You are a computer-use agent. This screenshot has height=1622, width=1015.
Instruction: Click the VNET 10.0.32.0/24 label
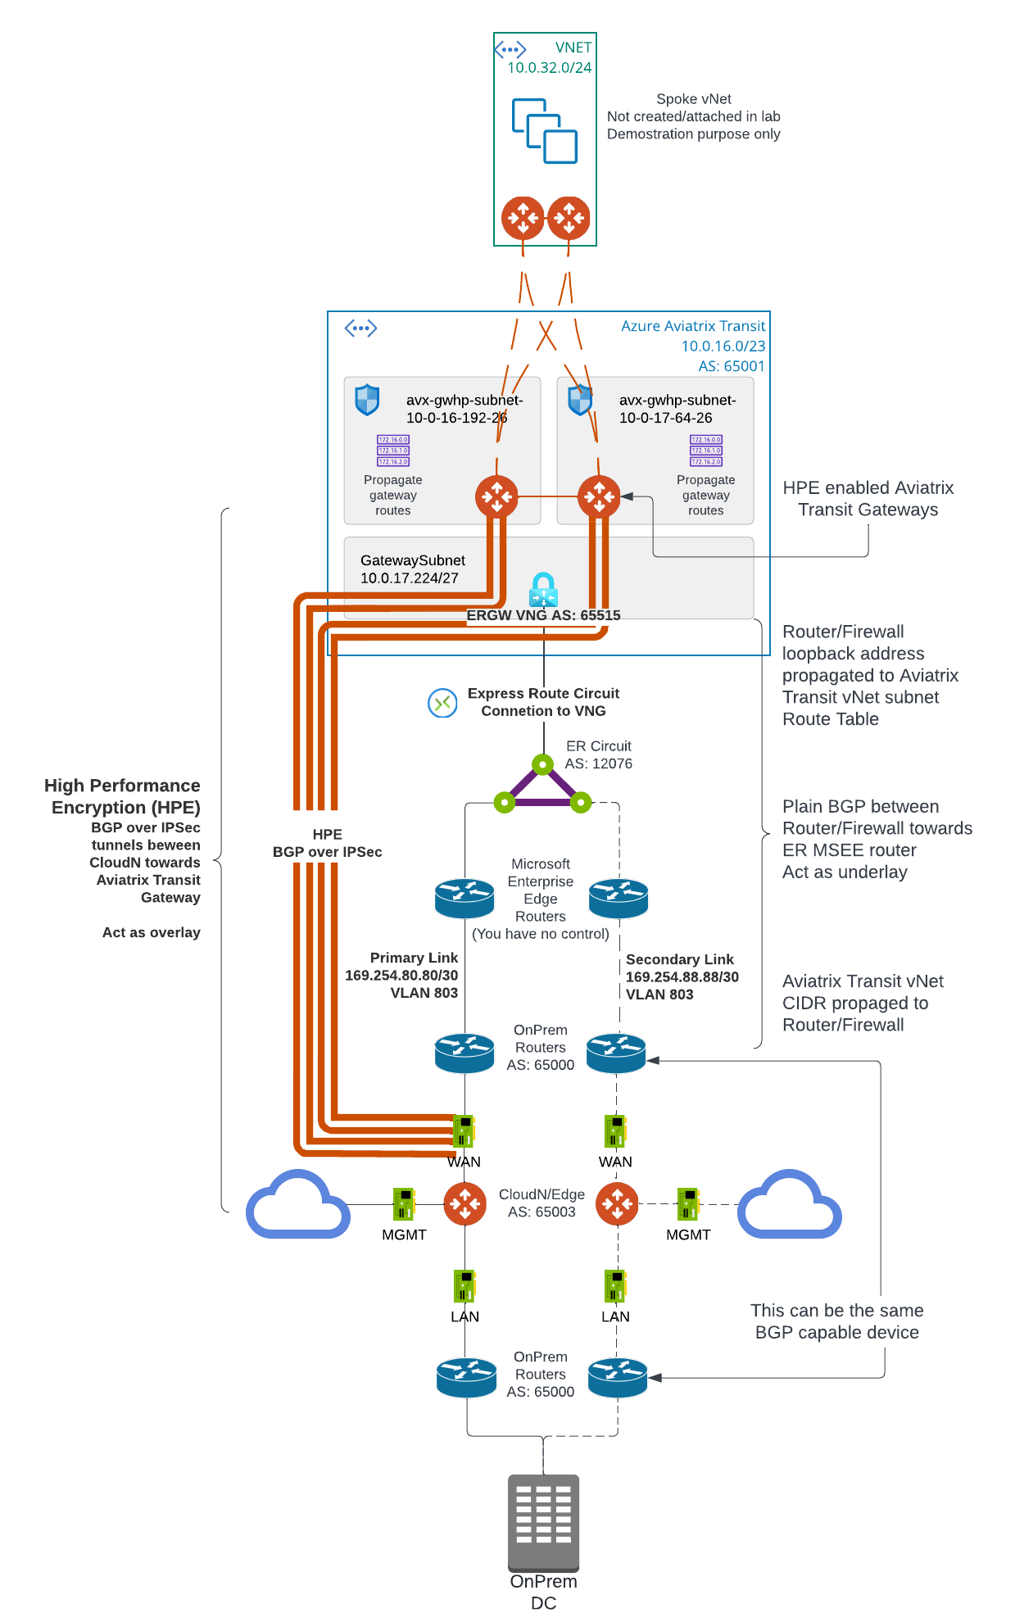(550, 58)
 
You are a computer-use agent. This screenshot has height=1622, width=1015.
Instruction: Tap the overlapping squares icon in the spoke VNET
(545, 131)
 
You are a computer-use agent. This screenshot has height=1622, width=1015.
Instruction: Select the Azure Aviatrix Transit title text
(692, 326)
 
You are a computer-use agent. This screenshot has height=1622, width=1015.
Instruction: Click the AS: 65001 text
(731, 366)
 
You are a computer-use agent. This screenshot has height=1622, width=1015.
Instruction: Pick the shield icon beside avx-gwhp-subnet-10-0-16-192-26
(367, 400)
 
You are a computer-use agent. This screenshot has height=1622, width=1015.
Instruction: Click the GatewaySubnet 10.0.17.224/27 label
(412, 569)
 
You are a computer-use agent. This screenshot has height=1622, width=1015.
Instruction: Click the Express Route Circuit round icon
(442, 703)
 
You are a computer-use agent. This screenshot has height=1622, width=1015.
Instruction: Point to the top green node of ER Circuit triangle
(542, 765)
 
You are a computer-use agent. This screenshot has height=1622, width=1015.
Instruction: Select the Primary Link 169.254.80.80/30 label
(402, 975)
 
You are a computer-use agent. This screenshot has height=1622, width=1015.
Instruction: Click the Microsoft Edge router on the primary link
(464, 898)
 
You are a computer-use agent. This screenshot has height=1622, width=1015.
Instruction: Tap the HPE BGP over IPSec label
(327, 843)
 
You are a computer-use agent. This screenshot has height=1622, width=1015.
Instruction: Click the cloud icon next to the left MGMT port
(298, 1205)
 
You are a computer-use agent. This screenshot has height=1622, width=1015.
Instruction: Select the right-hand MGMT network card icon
(687, 1204)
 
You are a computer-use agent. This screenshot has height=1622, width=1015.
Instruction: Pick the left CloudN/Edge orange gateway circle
(464, 1204)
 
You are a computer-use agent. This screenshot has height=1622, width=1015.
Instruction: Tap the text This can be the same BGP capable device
(836, 1321)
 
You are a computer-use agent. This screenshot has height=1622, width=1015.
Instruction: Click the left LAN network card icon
(464, 1286)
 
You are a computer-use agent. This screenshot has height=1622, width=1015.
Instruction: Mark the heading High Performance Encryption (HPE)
(123, 796)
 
